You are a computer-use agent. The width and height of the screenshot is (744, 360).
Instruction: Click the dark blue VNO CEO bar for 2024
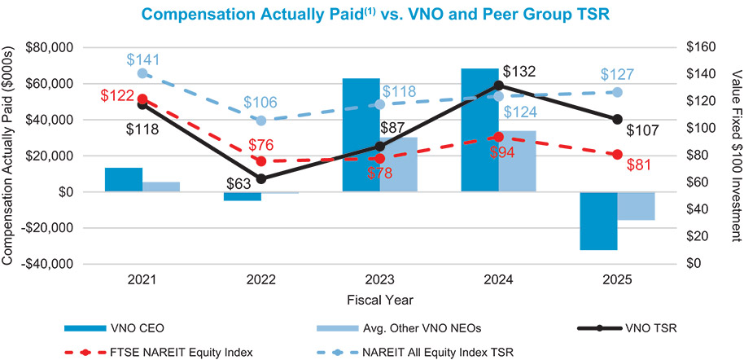point(479,130)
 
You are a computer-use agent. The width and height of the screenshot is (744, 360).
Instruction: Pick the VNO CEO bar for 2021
point(124,180)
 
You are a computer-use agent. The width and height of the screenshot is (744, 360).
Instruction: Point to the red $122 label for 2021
point(117,95)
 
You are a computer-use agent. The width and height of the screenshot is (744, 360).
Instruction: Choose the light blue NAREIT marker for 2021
point(142,73)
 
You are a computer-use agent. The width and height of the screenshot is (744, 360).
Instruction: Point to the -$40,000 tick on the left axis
point(48,264)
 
